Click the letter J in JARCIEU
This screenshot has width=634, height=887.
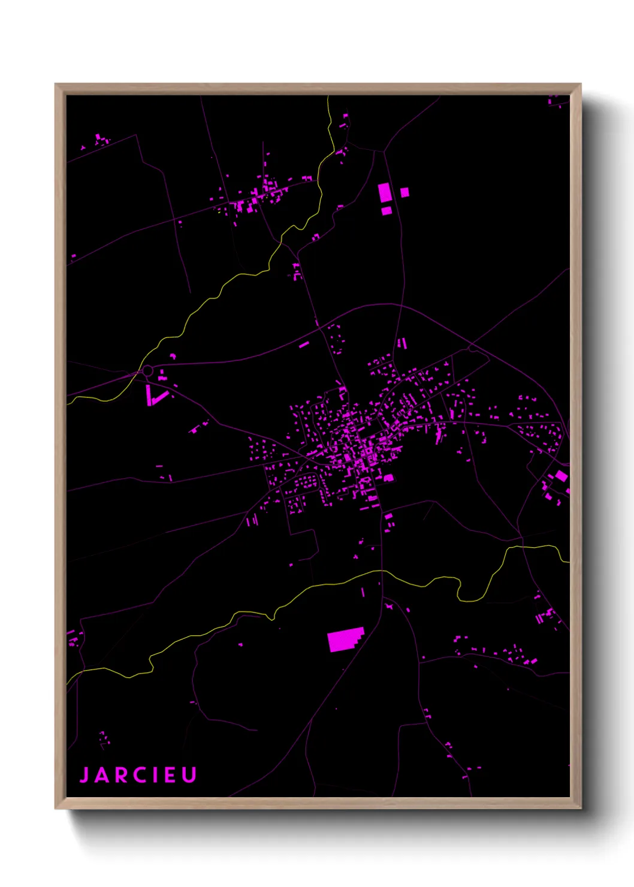click(84, 774)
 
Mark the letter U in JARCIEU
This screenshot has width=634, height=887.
click(189, 774)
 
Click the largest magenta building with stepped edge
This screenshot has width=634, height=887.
click(345, 639)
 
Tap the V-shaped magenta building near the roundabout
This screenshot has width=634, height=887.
click(154, 396)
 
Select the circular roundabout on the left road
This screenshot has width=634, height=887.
click(147, 372)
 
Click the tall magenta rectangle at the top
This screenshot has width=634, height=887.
click(385, 194)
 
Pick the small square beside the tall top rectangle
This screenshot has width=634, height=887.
click(404, 192)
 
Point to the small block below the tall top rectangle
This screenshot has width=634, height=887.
click(387, 211)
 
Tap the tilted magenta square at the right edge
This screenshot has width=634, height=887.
click(561, 476)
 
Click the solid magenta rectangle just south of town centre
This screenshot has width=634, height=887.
click(388, 478)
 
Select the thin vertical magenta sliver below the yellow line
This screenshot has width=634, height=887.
click(363, 592)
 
